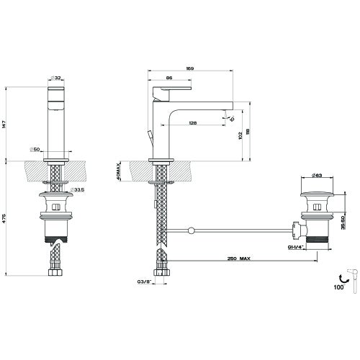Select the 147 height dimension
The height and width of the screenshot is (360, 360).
(5, 123)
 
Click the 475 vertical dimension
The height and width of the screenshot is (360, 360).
(5, 217)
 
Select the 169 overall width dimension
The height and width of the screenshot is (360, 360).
(189, 68)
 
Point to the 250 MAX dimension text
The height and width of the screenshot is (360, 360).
(240, 258)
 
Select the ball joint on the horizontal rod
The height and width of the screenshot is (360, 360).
(191, 230)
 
